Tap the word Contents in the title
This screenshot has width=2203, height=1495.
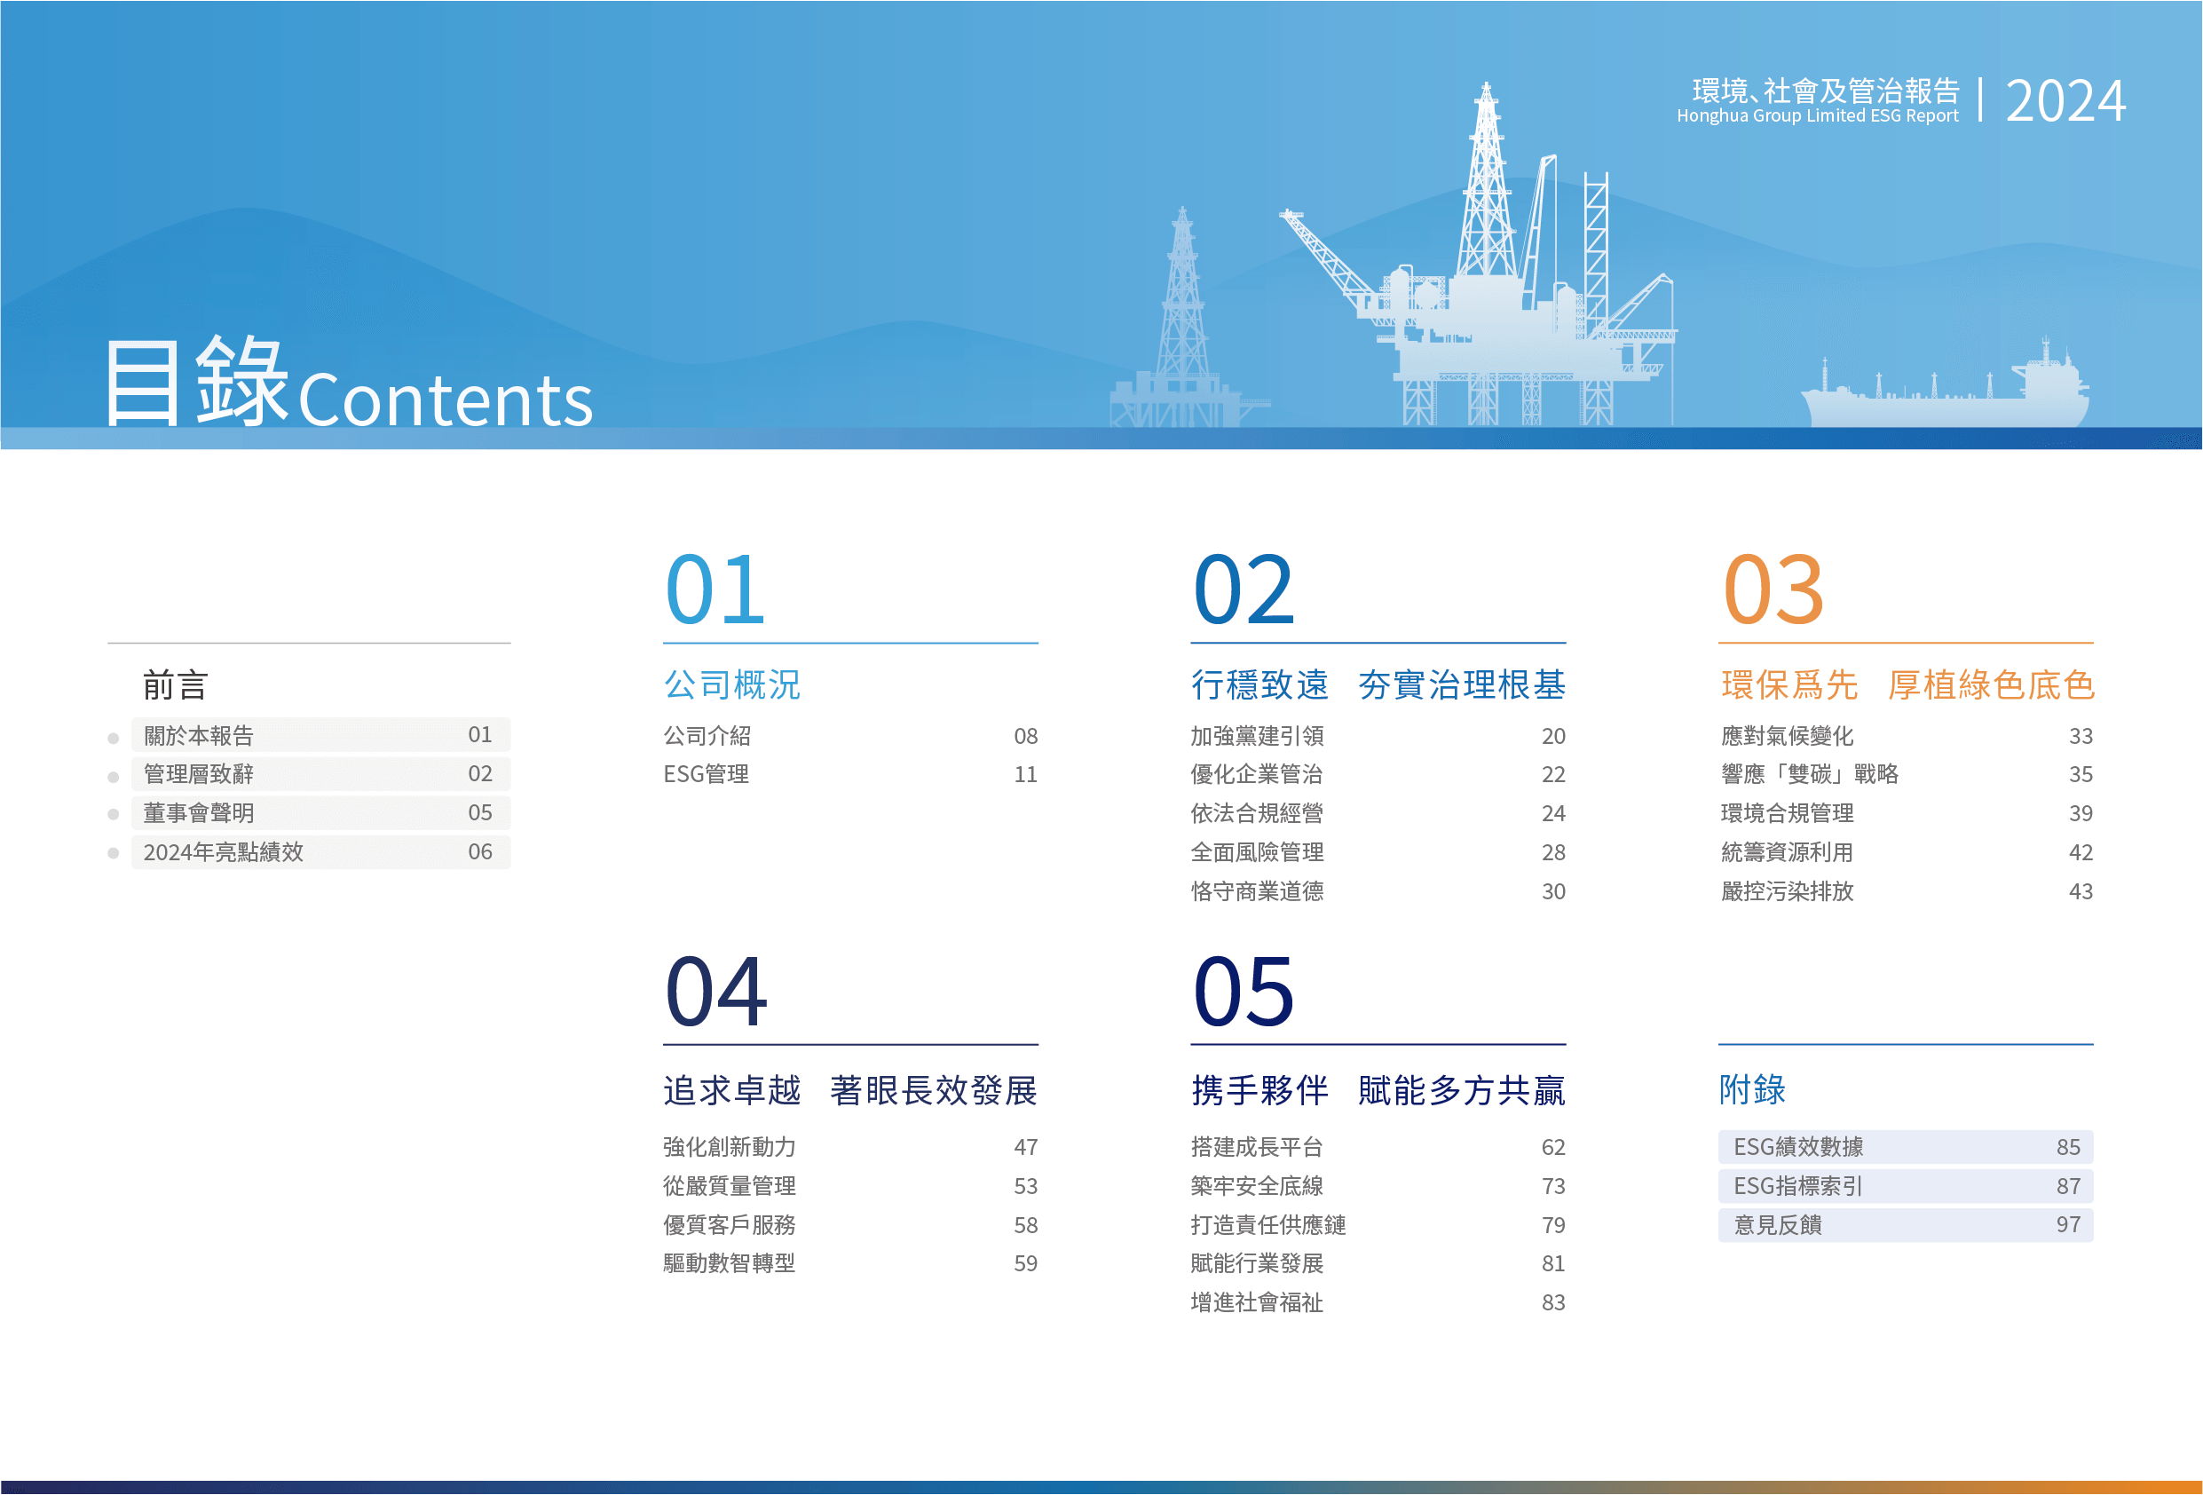[x=446, y=399]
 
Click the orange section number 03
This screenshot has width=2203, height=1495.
[x=1773, y=589]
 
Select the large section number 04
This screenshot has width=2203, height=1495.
[x=715, y=992]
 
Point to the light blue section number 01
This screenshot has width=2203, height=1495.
[x=715, y=589]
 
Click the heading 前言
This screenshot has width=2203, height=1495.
[x=176, y=684]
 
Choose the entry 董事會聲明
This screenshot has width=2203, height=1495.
[x=199, y=813]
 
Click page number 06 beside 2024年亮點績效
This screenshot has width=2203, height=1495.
[x=480, y=852]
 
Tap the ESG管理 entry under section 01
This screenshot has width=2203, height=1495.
[x=707, y=774]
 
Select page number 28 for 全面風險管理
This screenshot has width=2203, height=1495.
[x=1552, y=853]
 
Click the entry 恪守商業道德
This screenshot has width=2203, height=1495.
[x=1257, y=891]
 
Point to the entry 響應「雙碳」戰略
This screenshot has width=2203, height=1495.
[x=1810, y=774]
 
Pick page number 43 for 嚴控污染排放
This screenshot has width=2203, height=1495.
[x=2081, y=892]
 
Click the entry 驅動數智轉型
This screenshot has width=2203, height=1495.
[x=729, y=1263]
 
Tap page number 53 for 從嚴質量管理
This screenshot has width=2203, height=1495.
[x=1026, y=1187]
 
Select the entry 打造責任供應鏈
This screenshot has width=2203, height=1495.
[x=1268, y=1225]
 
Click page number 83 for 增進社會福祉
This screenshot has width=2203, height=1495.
[x=1552, y=1303]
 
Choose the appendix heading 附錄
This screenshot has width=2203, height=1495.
[x=1753, y=1090]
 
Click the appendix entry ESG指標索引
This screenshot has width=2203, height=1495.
[x=1798, y=1186]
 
